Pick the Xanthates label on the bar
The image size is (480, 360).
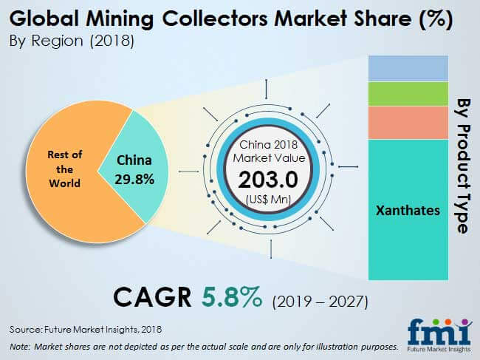click(408, 210)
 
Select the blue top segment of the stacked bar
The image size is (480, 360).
click(408, 69)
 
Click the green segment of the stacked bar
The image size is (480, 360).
click(408, 93)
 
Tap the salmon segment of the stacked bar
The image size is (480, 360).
click(408, 122)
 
